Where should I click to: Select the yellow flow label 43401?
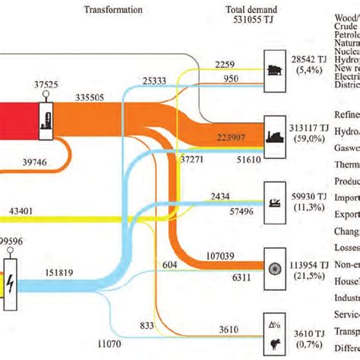click(x=26, y=210)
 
